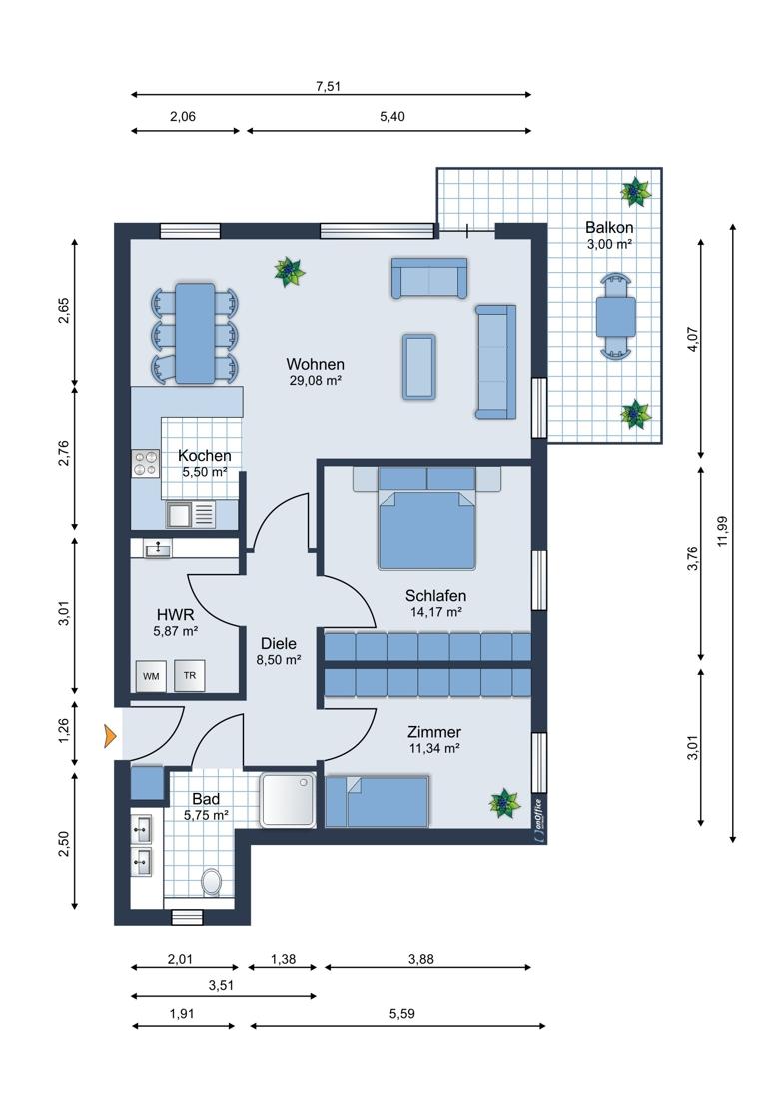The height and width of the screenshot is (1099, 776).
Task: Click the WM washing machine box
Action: coord(151,676)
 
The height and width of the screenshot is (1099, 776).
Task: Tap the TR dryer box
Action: coord(189,676)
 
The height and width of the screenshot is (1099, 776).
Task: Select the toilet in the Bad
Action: coord(211,881)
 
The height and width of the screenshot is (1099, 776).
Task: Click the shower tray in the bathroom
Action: coord(290,799)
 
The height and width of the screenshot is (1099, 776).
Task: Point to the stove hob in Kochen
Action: coord(147,463)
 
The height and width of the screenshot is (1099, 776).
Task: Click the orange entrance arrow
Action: coord(110,736)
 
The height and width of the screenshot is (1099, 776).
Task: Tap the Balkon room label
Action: coord(609,227)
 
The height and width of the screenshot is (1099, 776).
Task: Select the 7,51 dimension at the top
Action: coord(328,86)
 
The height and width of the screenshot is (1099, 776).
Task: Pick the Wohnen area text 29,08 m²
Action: coord(316,381)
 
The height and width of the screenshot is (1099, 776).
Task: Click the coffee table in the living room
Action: coord(418,366)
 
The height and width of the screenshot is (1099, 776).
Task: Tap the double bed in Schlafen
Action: coord(427,518)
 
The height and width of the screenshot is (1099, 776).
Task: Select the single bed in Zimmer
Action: coord(377,801)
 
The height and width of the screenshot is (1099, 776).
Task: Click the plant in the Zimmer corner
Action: coord(503,802)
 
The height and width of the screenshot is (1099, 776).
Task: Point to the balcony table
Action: coord(615,317)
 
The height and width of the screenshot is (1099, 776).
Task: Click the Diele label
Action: coord(279,643)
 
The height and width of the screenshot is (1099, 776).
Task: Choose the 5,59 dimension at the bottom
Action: coord(402,1013)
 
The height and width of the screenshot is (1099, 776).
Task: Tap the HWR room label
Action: coord(175,614)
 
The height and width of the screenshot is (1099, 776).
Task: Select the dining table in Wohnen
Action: coord(195,333)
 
